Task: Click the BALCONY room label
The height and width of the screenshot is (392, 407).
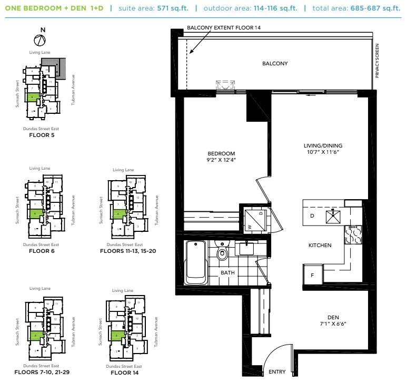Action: click(x=275, y=64)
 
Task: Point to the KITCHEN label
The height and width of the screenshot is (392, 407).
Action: click(x=320, y=246)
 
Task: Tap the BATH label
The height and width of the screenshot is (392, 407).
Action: click(x=227, y=272)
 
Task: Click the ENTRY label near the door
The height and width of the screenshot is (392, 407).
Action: click(x=277, y=372)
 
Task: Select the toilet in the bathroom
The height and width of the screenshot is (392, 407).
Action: click(x=222, y=253)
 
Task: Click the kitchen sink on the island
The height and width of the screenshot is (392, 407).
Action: click(x=332, y=215)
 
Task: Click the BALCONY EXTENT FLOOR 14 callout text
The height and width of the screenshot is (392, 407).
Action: click(x=224, y=27)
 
